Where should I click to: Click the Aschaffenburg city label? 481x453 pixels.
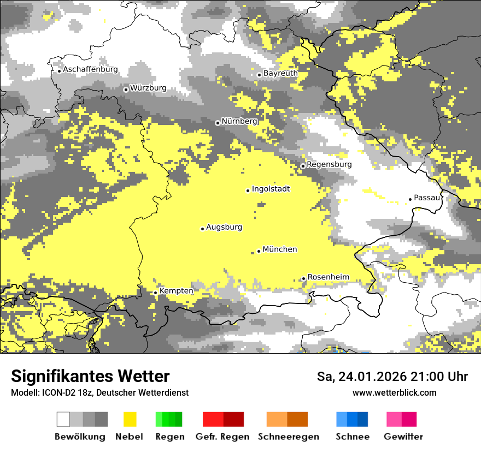click(x=90, y=70)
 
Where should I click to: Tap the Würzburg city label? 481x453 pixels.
click(x=148, y=88)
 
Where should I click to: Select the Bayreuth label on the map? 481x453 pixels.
click(x=280, y=73)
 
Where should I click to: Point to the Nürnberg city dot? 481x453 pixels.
click(x=218, y=123)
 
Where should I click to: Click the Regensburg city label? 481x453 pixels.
click(x=329, y=164)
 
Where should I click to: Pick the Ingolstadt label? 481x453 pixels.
click(x=271, y=189)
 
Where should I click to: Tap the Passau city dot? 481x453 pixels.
click(x=410, y=199)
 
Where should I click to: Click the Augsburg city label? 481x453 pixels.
click(x=224, y=227)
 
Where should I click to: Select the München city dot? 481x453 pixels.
click(x=259, y=251)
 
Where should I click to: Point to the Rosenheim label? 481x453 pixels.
click(x=328, y=277)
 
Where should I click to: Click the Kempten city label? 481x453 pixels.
click(x=176, y=291)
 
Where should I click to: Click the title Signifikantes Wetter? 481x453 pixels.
click(x=90, y=377)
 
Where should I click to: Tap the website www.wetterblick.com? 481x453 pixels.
click(x=394, y=393)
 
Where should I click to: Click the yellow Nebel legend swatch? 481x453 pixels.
click(x=130, y=419)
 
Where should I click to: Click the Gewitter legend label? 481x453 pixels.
click(x=403, y=437)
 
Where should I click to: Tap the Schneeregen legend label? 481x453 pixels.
click(x=289, y=437)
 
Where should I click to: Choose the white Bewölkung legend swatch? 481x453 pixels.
click(x=63, y=419)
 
